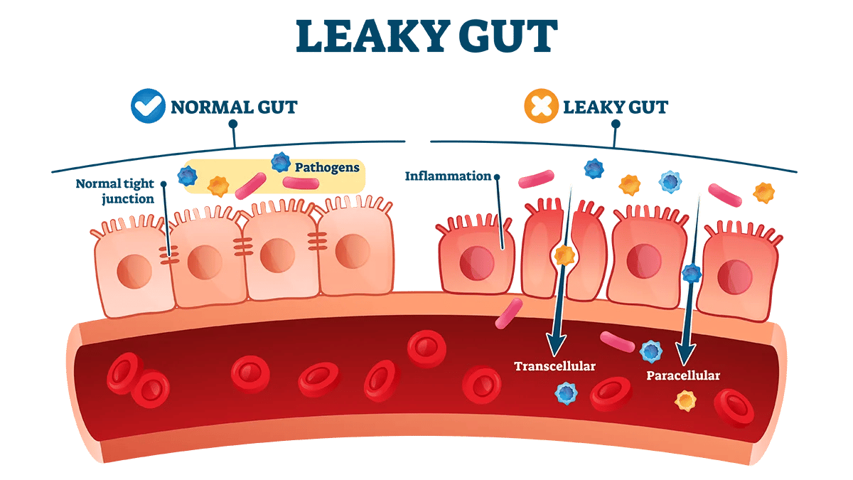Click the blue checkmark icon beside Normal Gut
click(x=148, y=106)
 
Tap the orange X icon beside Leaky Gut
click(x=541, y=106)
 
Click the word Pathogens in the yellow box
click(x=327, y=167)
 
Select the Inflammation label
click(x=448, y=176)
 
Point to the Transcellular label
click(x=555, y=366)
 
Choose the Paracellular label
click(x=683, y=375)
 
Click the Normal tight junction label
click(x=115, y=191)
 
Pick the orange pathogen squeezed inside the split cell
click(x=564, y=255)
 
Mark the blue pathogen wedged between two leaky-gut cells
click(x=692, y=273)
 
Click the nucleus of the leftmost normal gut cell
click(x=134, y=271)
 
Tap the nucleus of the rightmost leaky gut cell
click(x=734, y=277)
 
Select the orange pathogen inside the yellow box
click(x=218, y=186)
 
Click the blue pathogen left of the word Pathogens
click(x=281, y=162)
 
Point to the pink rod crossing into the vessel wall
click(x=509, y=314)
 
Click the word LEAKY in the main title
click(x=372, y=36)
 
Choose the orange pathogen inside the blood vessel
click(x=685, y=401)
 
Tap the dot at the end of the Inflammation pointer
click(x=497, y=177)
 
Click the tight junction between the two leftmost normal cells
click(x=169, y=255)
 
